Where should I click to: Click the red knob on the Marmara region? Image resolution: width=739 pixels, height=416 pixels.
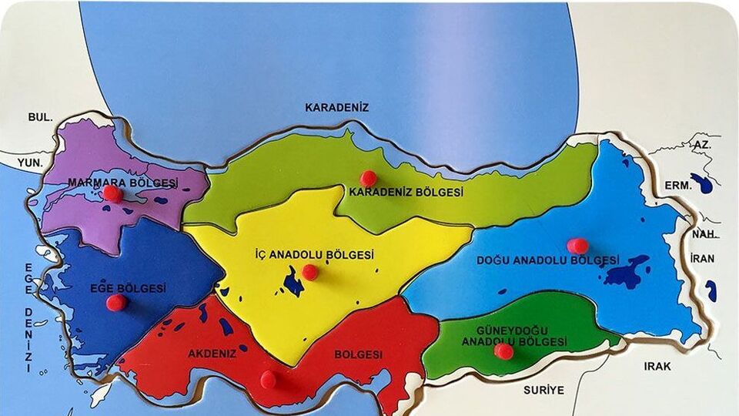tap(113, 193)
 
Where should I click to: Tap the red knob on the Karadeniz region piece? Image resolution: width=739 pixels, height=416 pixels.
tap(369, 178)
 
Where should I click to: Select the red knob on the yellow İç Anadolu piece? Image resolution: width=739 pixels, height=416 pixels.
tap(309, 272)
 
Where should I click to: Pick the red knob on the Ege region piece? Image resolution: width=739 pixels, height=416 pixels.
tap(116, 302)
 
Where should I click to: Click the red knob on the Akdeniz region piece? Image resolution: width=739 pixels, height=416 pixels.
tap(268, 379)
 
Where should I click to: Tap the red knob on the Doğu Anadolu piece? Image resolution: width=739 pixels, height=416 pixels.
tap(577, 246)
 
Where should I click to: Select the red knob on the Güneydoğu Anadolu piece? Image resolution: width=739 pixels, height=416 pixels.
tap(503, 351)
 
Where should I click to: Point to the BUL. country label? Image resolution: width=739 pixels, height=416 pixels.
tap(40, 117)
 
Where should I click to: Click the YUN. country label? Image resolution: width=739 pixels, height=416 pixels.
tap(31, 163)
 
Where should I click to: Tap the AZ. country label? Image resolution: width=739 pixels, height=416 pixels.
tap(702, 145)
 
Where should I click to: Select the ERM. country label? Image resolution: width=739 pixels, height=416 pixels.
tap(679, 186)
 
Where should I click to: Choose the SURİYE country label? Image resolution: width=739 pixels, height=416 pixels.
tap(543, 390)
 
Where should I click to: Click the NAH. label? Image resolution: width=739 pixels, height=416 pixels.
tap(704, 234)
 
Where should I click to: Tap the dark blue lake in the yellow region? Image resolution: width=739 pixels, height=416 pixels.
tap(293, 282)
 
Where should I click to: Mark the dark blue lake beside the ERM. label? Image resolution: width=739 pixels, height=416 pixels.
tap(702, 183)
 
